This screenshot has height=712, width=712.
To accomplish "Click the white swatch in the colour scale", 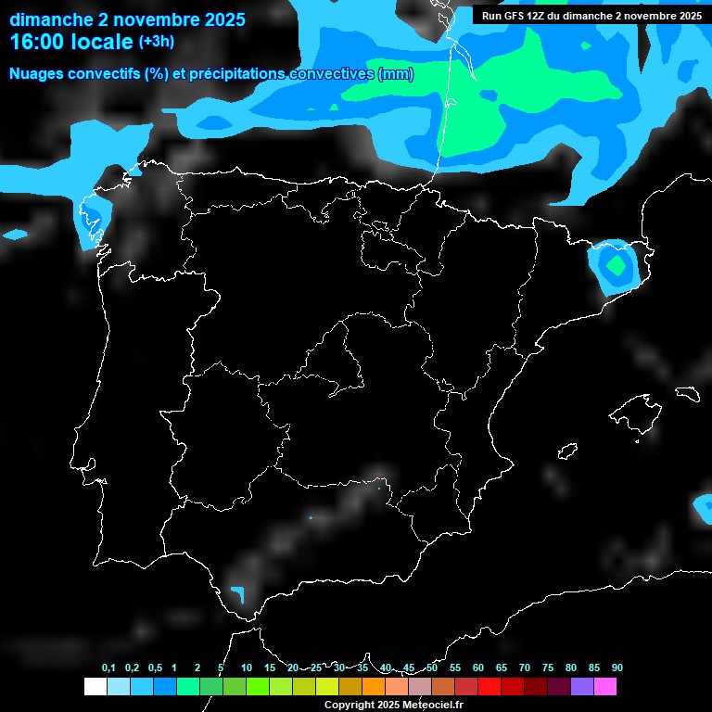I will coord(95,686).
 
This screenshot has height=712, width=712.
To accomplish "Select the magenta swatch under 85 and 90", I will coord(605,686).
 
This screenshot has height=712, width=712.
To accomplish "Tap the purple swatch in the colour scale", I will coord(582,686).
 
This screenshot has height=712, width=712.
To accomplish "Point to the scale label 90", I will coord(617,667).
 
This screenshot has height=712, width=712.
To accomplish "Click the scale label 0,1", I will coord(108,667).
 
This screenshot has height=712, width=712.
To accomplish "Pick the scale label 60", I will coord(478,667).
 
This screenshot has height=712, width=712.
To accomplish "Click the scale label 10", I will coord(246,667).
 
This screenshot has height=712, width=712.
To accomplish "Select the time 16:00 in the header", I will coord(43,42).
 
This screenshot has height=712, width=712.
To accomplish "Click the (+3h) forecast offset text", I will coord(156,42).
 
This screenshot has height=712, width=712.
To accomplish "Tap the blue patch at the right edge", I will coord(704,508).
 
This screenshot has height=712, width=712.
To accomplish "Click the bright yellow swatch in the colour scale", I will coord(326,686).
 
